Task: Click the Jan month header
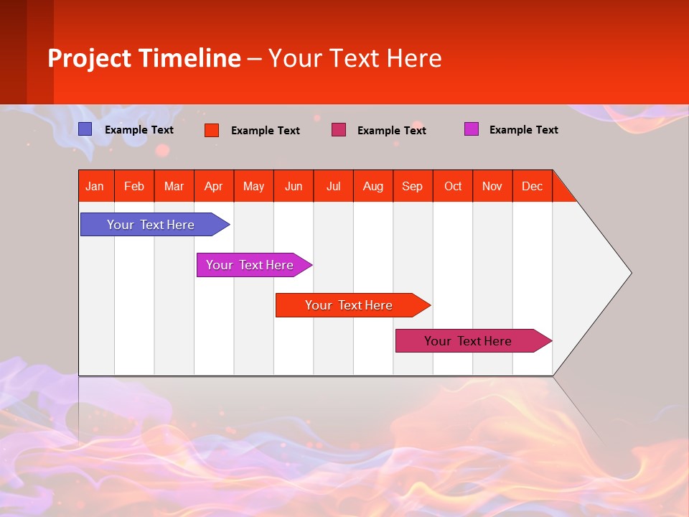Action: pyautogui.click(x=95, y=186)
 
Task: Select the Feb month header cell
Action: pyautogui.click(x=134, y=186)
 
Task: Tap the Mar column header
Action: pyautogui.click(x=174, y=186)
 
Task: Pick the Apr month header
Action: pyautogui.click(x=214, y=186)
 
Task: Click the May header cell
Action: pyautogui.click(x=253, y=186)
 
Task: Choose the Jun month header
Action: pyautogui.click(x=294, y=186)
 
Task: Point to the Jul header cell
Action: pyautogui.click(x=333, y=186)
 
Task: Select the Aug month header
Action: pyautogui.click(x=373, y=186)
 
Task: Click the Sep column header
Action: pyautogui.click(x=413, y=186)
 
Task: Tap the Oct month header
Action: pyautogui.click(x=453, y=186)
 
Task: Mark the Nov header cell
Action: pyautogui.click(x=492, y=186)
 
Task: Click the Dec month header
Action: pyautogui.click(x=533, y=186)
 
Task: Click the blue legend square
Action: pyautogui.click(x=85, y=129)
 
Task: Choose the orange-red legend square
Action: pyautogui.click(x=212, y=130)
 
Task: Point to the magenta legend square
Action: pyautogui.click(x=472, y=129)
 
